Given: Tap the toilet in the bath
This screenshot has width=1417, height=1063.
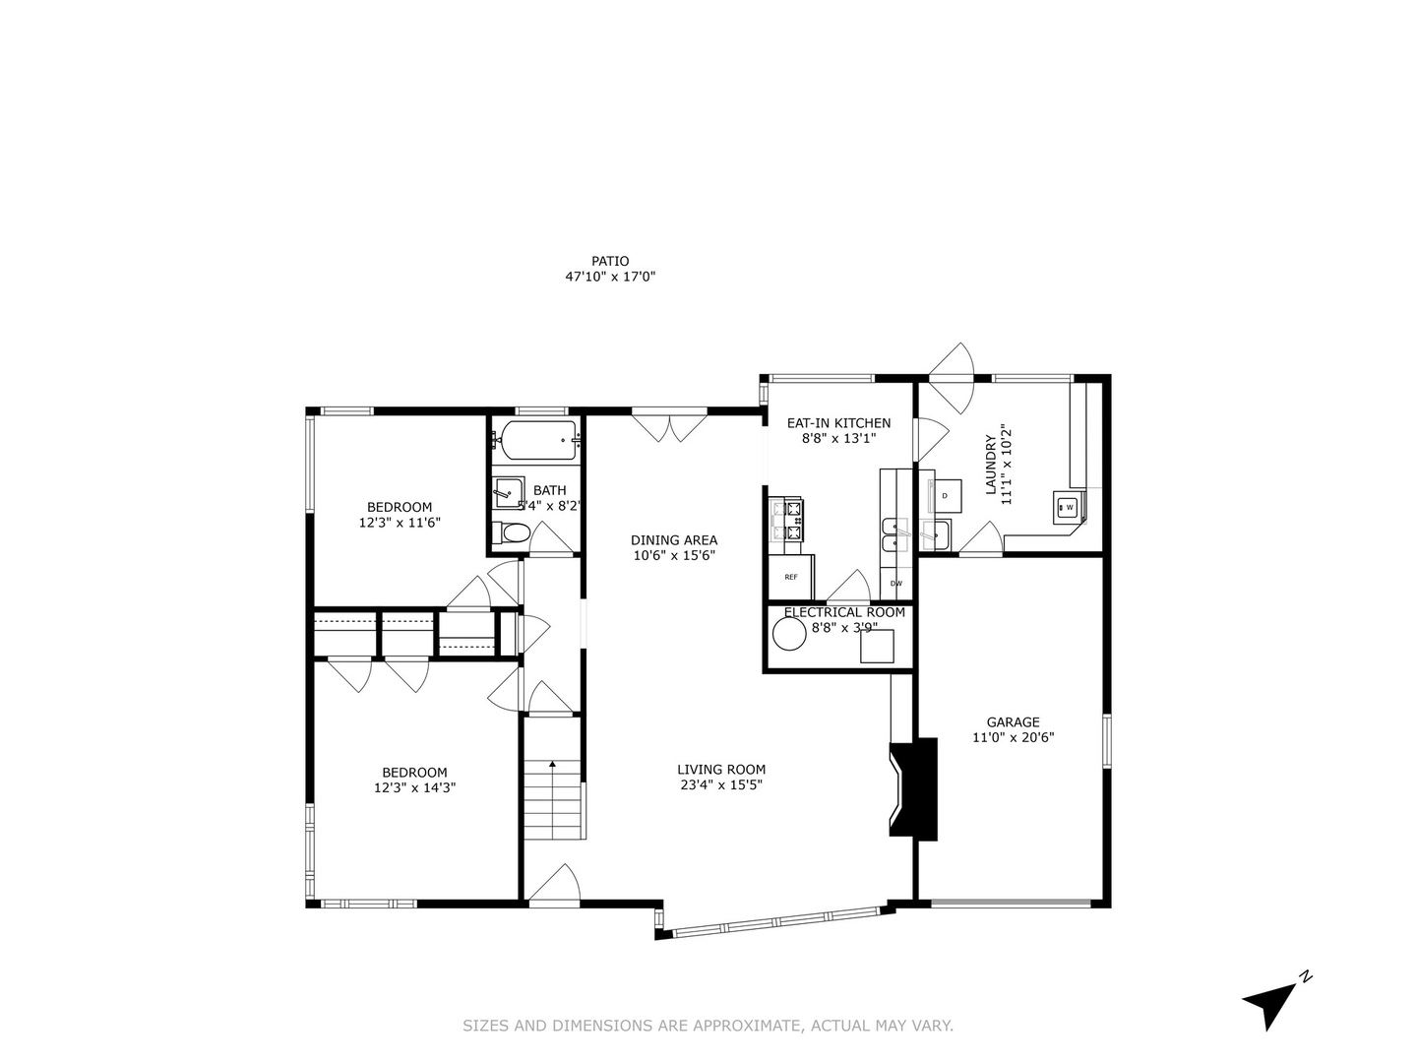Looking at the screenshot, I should click(514, 533).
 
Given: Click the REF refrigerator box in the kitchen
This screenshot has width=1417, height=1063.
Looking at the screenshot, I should click(791, 578).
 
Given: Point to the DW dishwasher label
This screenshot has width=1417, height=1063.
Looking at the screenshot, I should click(895, 584).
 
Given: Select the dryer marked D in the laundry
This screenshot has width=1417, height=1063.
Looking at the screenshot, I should click(946, 495).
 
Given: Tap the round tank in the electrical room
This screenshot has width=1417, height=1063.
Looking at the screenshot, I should click(789, 634).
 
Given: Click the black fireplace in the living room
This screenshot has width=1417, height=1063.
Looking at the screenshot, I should click(914, 788).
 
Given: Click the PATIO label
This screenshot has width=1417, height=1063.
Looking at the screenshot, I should click(610, 262).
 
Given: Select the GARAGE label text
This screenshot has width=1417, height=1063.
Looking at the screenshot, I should click(1013, 722).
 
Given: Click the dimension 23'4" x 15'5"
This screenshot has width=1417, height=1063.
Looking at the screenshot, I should click(720, 785).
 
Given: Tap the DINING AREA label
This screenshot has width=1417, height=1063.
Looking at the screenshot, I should click(674, 539).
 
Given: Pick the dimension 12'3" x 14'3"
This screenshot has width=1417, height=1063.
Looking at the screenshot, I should click(414, 787).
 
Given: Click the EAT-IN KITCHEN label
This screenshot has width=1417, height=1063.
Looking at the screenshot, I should click(838, 423).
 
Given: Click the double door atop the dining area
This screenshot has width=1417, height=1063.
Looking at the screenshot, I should click(669, 425).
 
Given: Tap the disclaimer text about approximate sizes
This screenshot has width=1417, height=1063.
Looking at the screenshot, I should click(708, 1026).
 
